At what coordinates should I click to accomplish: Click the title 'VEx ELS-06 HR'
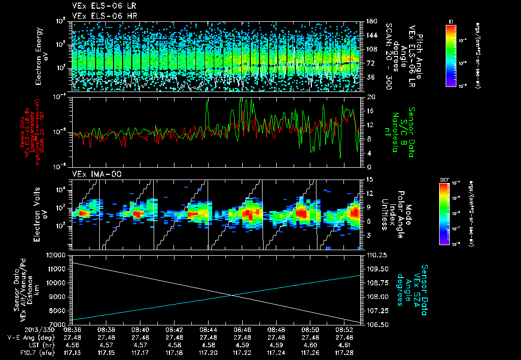(x=97, y=15)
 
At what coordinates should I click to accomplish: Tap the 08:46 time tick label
(x=242, y=329)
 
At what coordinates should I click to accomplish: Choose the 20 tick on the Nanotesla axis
(x=365, y=97)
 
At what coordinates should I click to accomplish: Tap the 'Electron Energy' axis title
(x=39, y=56)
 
